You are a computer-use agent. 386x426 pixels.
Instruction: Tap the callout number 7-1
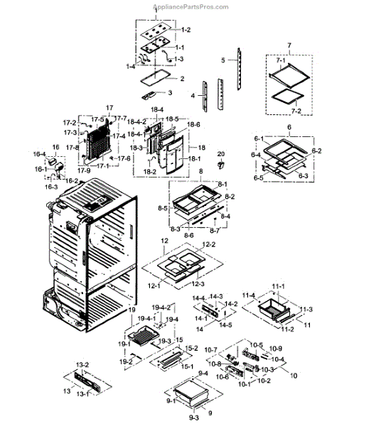280,61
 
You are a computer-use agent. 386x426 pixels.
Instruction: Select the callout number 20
220,154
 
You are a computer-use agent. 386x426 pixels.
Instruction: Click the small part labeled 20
220,165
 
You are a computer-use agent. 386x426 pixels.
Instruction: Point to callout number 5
223,61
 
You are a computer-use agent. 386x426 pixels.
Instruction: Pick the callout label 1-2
186,30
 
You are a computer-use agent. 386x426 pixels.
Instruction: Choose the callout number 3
170,93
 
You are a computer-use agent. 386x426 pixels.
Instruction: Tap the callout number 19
132,310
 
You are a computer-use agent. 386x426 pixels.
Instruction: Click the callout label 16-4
40,154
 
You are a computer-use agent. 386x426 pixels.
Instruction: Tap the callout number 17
109,108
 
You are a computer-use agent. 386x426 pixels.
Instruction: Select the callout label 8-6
189,234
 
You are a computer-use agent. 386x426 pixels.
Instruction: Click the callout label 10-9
276,348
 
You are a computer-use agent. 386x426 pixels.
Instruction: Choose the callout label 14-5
225,325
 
